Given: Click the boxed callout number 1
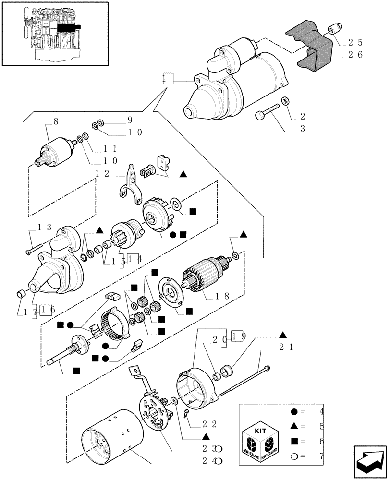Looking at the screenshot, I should click(x=167, y=79).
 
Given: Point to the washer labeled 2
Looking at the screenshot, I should click(x=285, y=101).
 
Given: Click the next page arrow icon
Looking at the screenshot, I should click(x=369, y=462).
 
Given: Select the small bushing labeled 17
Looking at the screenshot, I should click(x=22, y=294).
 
